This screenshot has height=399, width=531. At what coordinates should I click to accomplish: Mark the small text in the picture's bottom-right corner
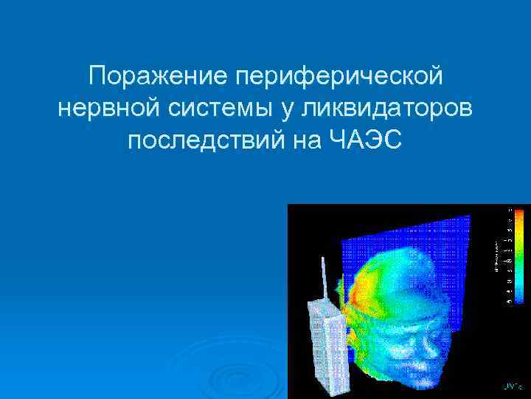coord(511,386)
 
